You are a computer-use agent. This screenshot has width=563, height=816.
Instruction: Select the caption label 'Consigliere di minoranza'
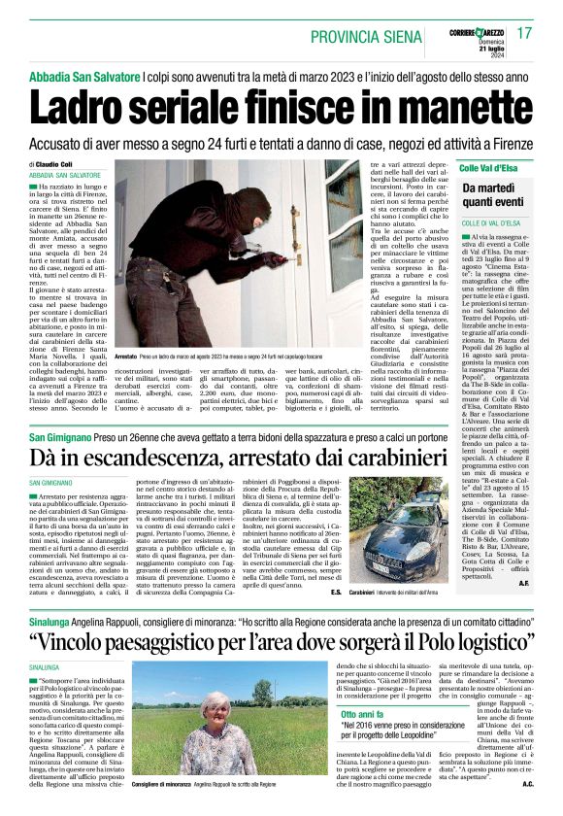[163, 783]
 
